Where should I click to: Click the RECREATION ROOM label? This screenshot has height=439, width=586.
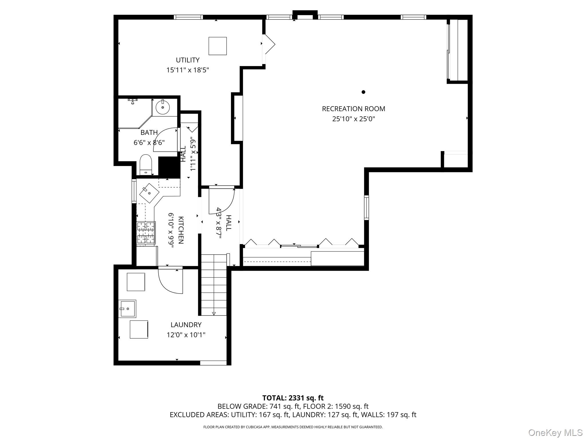353,109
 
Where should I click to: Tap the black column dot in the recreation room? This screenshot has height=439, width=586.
363,92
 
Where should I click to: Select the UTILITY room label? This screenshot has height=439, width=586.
187,60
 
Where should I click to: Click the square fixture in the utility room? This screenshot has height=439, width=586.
217,46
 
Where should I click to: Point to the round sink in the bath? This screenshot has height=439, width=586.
163,107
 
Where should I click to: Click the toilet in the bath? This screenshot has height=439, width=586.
145,165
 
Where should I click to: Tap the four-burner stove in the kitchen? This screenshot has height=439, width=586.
146,233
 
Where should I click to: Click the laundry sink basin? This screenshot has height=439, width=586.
127,309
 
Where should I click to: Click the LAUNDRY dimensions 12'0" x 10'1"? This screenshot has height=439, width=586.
186,335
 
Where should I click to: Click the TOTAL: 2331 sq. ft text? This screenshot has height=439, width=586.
293,398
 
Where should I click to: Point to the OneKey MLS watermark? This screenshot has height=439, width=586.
555,432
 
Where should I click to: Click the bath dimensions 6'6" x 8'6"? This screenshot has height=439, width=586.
149,142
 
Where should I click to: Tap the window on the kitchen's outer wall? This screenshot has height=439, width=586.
134,191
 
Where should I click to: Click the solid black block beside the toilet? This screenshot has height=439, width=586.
169,167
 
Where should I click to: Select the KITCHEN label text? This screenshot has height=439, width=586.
181,230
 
